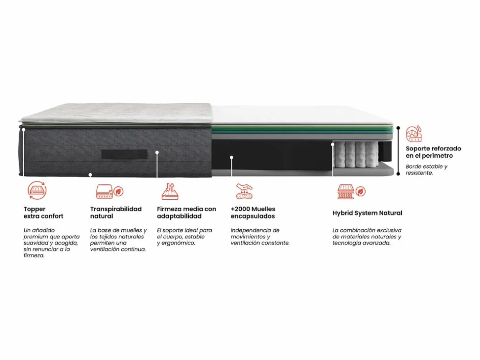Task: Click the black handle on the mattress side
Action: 124,154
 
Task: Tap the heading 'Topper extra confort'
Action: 43,212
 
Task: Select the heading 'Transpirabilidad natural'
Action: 116,212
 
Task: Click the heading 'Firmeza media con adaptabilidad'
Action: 186,212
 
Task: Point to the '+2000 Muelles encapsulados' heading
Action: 253,212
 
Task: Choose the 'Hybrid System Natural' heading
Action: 367,213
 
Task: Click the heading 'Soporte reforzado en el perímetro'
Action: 433,152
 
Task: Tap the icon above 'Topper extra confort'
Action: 37,190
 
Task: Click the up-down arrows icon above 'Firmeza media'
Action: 170,191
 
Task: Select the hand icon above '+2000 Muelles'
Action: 244,191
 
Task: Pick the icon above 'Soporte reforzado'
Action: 414,134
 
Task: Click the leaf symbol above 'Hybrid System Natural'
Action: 360,191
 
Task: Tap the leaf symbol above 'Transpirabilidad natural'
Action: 119,191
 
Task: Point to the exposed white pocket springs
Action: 356,155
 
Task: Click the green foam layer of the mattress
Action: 302,129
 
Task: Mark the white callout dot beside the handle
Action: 157,152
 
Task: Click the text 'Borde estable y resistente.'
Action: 427,170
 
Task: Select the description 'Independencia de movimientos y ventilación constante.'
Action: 260,237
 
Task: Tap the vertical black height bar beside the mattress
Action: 398,151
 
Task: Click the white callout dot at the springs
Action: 333,145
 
